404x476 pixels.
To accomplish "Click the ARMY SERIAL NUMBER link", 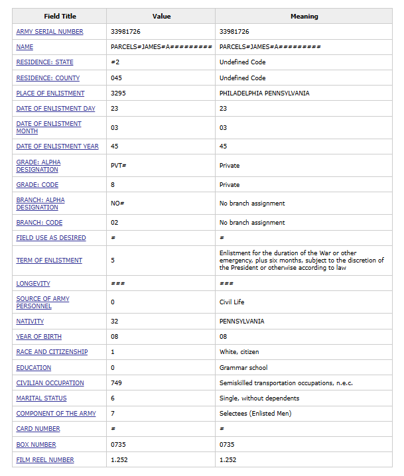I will pos(50,32).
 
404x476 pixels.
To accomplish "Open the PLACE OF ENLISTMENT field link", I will pos(50,93).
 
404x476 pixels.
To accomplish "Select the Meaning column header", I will pos(304,16).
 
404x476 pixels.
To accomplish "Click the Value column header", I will pos(161,16).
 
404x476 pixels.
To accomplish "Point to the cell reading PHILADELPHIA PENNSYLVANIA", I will pos(264,93).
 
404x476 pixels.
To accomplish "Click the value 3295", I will pos(118,93).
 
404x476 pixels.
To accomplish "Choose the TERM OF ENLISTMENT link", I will pos(49,261).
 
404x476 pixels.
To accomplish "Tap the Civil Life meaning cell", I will pos(232,302).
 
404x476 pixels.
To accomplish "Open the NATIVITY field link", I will pos(30,322).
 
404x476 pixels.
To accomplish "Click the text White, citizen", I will pos(239,352).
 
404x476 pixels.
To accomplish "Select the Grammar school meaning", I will pos(243,367).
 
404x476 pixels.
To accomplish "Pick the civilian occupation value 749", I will pos(116,383).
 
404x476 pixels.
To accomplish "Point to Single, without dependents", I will pos(259,398).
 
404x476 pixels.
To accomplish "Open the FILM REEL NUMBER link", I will pos(45,460).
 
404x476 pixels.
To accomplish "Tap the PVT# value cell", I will pos(118,166).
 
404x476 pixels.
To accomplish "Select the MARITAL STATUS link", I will pos(41,398).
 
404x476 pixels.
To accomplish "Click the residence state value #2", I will pos(115,62).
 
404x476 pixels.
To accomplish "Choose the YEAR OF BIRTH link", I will pos(38,337).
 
